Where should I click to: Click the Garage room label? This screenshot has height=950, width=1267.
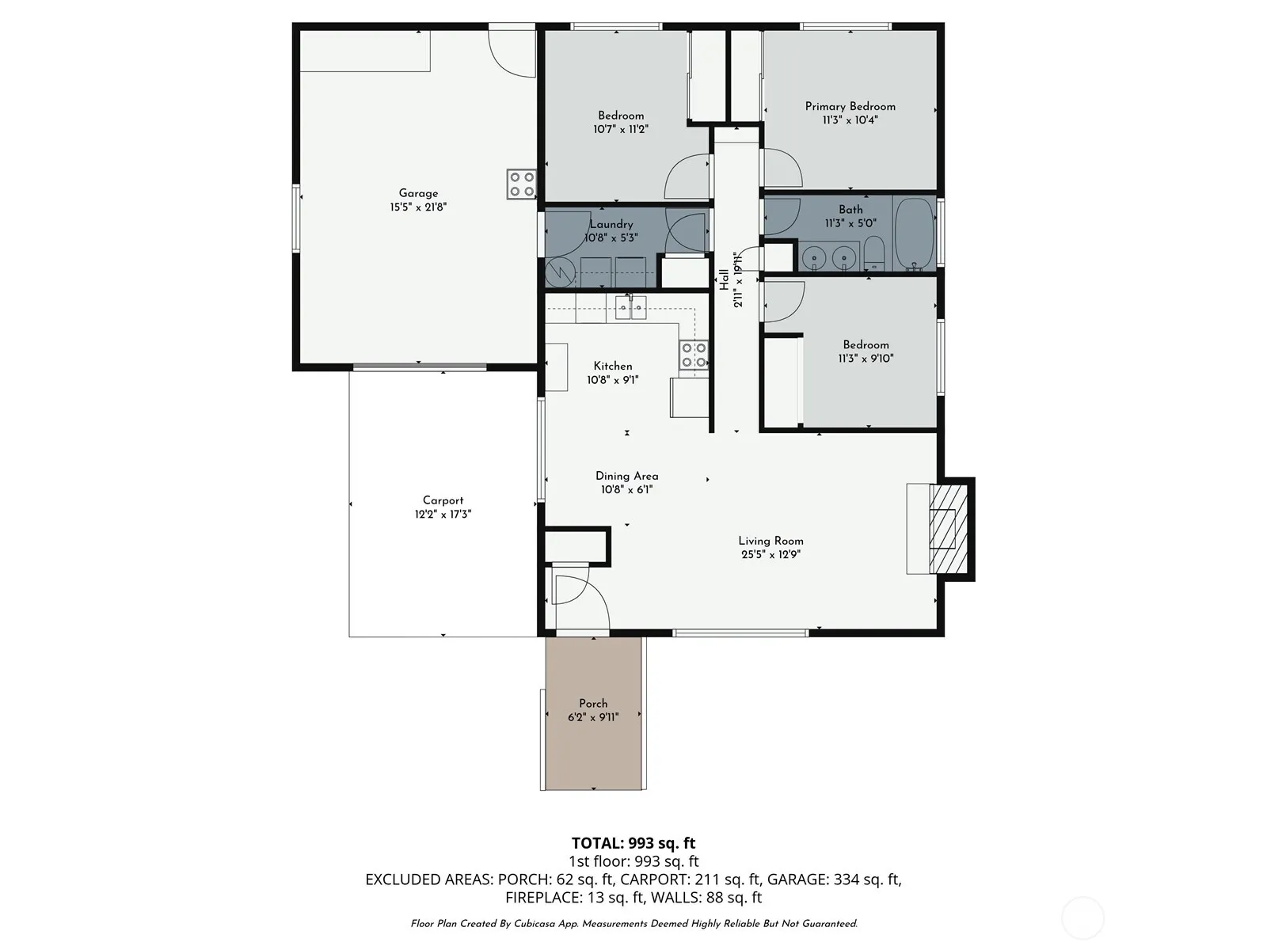pyautogui.click(x=418, y=193)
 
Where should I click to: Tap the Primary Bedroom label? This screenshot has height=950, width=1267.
pyautogui.click(x=850, y=106)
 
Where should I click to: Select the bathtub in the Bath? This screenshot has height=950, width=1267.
pyautogui.click(x=914, y=234)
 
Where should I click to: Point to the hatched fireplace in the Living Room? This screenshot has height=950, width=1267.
pyautogui.click(x=948, y=529)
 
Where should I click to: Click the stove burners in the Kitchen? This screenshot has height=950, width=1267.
pyautogui.click(x=693, y=354)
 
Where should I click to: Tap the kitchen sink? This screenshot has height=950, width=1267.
pyautogui.click(x=630, y=307)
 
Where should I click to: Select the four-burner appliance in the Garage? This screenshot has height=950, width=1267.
pyautogui.click(x=521, y=184)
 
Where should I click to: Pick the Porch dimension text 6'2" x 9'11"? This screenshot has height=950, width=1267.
pyautogui.click(x=593, y=717)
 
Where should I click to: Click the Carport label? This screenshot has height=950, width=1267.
pyautogui.click(x=443, y=500)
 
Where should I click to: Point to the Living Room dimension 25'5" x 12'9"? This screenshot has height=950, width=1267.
pyautogui.click(x=770, y=555)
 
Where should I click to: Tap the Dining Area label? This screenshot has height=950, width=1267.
pyautogui.click(x=627, y=476)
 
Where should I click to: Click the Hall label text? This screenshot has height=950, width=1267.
pyautogui.click(x=724, y=279)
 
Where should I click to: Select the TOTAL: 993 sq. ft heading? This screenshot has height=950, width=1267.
pyautogui.click(x=633, y=843)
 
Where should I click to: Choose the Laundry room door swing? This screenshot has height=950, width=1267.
pyautogui.click(x=687, y=230)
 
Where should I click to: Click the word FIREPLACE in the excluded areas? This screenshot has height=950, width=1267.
pyautogui.click(x=542, y=898)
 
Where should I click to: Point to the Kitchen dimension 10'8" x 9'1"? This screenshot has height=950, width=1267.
pyautogui.click(x=612, y=380)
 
